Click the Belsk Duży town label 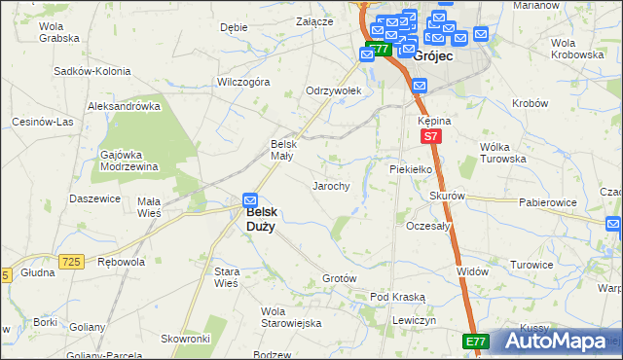coord(260,218)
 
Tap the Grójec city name coord(431,57)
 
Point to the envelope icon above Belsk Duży coord(250,198)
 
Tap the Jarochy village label coord(330,185)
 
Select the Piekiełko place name coord(409,167)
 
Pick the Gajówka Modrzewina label coord(129,161)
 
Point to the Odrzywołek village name coord(334,90)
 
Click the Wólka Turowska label coord(502,152)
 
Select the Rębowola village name coord(122,262)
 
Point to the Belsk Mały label coord(281,151)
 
